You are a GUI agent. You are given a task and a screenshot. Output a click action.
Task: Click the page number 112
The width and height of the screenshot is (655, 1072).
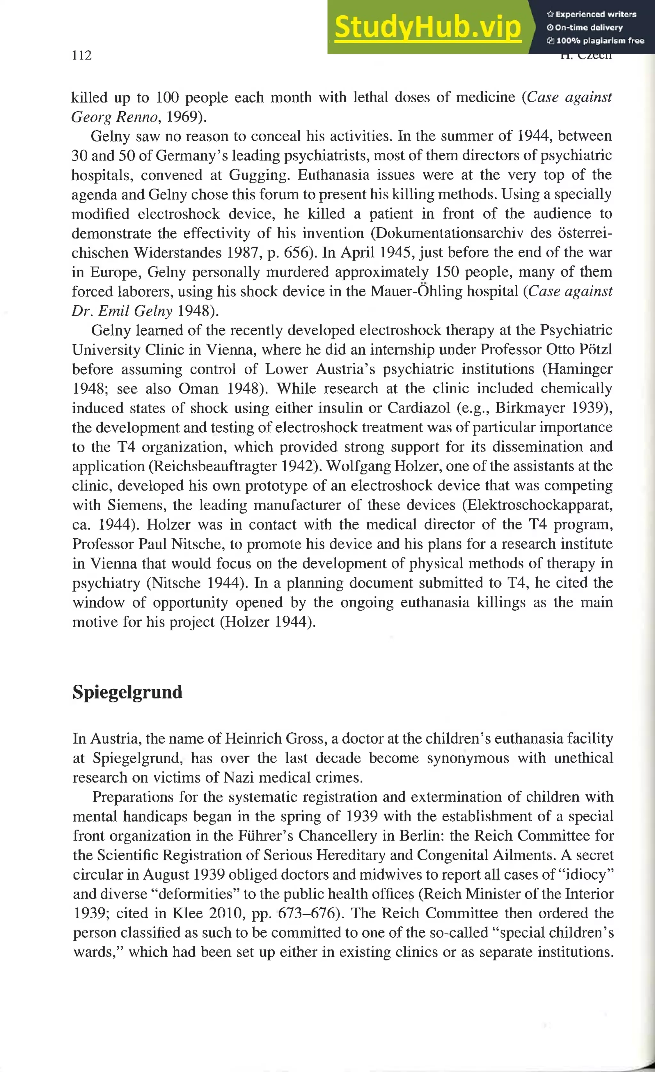82,55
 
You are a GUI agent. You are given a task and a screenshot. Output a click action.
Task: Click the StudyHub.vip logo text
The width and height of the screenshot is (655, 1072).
428,27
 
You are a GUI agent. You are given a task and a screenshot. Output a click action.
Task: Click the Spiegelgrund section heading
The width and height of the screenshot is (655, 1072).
127,692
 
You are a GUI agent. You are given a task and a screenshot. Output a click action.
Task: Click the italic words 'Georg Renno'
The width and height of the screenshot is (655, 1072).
114,117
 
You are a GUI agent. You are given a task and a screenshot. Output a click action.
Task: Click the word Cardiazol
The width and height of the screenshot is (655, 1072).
419,408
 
